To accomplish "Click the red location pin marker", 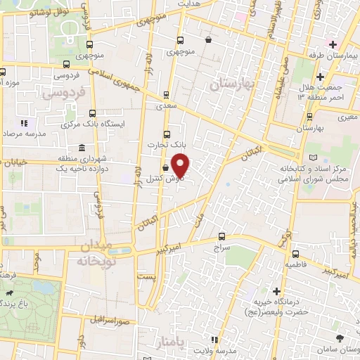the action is pyautogui.click(x=181, y=166).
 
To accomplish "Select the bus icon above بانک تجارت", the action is pyautogui.click(x=166, y=134).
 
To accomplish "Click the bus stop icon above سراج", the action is pyautogui.click(x=222, y=236).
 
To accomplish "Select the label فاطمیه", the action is pyautogui.click(x=298, y=265).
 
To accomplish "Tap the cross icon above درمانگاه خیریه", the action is pyautogui.click(x=277, y=290).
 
